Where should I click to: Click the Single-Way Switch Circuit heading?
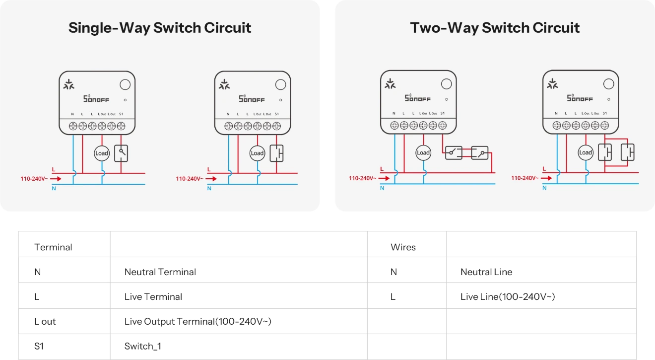(160, 28)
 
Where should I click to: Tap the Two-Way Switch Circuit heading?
(495, 28)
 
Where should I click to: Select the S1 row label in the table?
(39, 346)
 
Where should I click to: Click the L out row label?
(45, 321)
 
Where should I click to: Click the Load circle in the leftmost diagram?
(102, 153)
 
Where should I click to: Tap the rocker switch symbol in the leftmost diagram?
(121, 153)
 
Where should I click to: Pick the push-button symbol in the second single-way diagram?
(276, 153)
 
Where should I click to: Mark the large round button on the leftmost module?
(125, 84)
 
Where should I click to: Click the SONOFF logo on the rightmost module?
(580, 98)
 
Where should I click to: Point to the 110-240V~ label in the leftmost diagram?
(34, 179)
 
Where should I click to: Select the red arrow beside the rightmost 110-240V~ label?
(546, 178)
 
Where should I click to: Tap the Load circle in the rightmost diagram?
(586, 152)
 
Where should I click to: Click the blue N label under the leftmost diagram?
(54, 189)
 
